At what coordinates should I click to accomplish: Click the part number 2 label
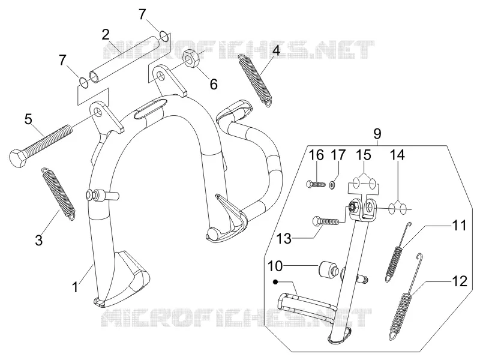pyautogui.click(x=106, y=35)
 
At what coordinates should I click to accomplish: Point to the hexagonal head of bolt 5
pyautogui.click(x=19, y=157)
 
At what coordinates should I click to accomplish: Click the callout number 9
pyautogui.click(x=377, y=134)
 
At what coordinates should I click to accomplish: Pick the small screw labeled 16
pyautogui.click(x=316, y=184)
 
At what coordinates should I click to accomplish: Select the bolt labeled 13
pyautogui.click(x=326, y=221)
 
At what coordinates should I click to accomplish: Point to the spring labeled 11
pyautogui.click(x=397, y=252)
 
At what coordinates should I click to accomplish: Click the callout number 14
pyautogui.click(x=397, y=155)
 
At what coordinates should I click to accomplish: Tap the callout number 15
pyautogui.click(x=364, y=155)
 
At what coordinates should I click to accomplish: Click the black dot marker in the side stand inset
pyautogui.click(x=276, y=282)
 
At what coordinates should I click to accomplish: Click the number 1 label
pyautogui.click(x=75, y=287)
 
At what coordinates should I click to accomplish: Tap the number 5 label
pyautogui.click(x=28, y=119)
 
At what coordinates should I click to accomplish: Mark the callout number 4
pyautogui.click(x=276, y=50)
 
